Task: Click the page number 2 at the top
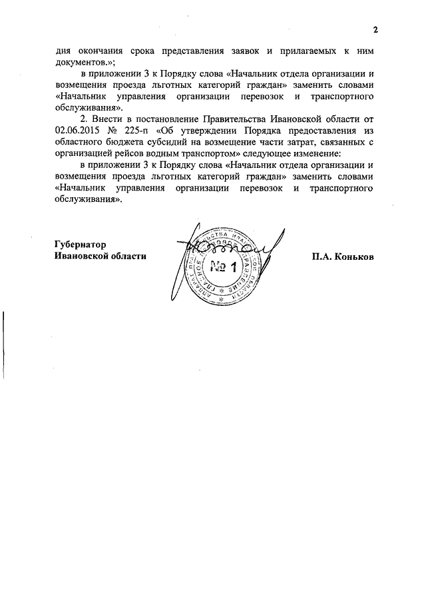click(x=375, y=30)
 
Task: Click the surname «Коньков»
click(x=352, y=256)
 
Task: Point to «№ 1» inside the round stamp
click(x=225, y=268)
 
